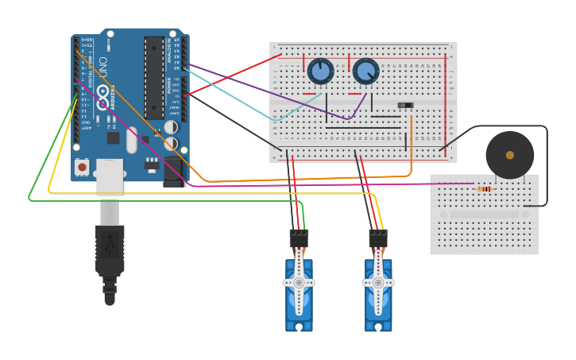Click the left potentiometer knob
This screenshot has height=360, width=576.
coord(320,72)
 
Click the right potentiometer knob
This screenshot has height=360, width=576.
coord(365,72)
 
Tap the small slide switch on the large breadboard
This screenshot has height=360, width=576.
coord(405,105)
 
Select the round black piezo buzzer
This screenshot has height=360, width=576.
coord(509,155)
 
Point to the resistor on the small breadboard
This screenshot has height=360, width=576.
coord(485,188)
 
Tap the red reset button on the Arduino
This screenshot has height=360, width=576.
coord(82,167)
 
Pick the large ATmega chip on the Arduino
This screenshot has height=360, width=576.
coord(153,77)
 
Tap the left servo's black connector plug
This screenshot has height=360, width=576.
coord(299,238)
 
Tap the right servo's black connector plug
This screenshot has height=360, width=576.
coord(378,238)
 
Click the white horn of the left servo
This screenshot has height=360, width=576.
coord(299,281)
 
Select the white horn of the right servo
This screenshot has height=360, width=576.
coord(378,281)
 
